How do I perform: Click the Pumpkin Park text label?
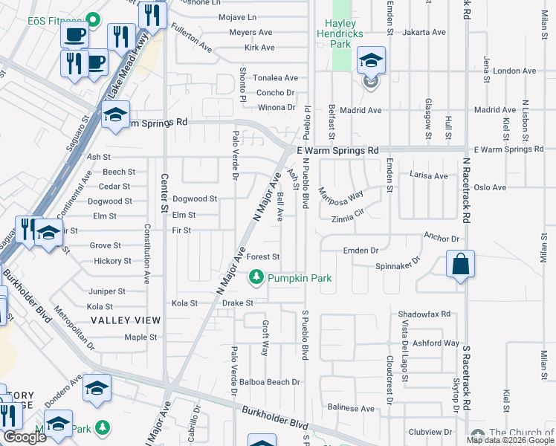coord(300,278)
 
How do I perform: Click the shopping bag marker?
coord(460,264)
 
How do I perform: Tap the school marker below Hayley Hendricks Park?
coord(370,61)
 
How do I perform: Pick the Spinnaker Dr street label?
coord(398,261)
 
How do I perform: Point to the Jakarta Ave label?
coord(424,33)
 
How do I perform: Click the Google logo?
coord(25,437)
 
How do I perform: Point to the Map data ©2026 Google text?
coord(510,440)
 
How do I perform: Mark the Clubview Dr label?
coord(430,431)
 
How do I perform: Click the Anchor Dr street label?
coord(442,239)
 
